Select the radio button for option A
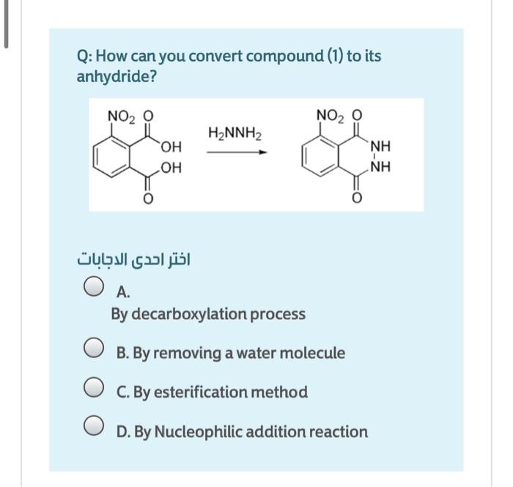coord(93,286)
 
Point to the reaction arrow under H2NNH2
coord(235,152)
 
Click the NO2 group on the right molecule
coord(329,115)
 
